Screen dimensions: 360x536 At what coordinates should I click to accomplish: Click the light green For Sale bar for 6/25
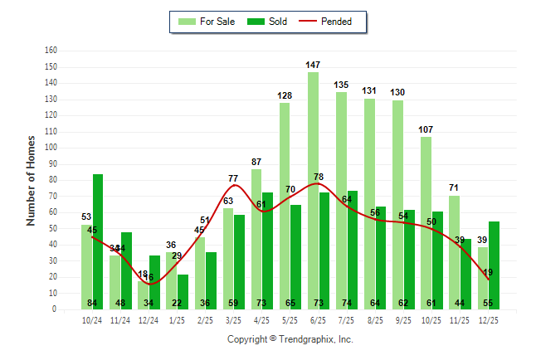pyautogui.click(x=313, y=191)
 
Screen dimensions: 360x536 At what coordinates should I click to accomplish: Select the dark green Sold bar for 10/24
pyautogui.click(x=98, y=241)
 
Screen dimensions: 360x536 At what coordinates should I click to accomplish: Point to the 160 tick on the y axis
pyautogui.click(x=51, y=51)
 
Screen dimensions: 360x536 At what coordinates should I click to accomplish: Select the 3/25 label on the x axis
pyautogui.click(x=233, y=320)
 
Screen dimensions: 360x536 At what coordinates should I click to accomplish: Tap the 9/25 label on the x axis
pyautogui.click(x=403, y=320)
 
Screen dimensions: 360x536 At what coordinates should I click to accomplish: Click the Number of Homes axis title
pyautogui.click(x=31, y=180)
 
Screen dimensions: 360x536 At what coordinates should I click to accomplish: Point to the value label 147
pyautogui.click(x=313, y=65)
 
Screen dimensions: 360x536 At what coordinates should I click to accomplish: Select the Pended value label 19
pyautogui.click(x=488, y=272)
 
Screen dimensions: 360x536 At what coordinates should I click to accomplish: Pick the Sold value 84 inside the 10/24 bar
pyautogui.click(x=92, y=302)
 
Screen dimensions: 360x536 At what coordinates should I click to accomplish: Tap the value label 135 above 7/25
pyautogui.click(x=341, y=85)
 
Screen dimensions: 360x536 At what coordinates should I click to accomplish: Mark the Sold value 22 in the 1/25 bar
pyautogui.click(x=177, y=302)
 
